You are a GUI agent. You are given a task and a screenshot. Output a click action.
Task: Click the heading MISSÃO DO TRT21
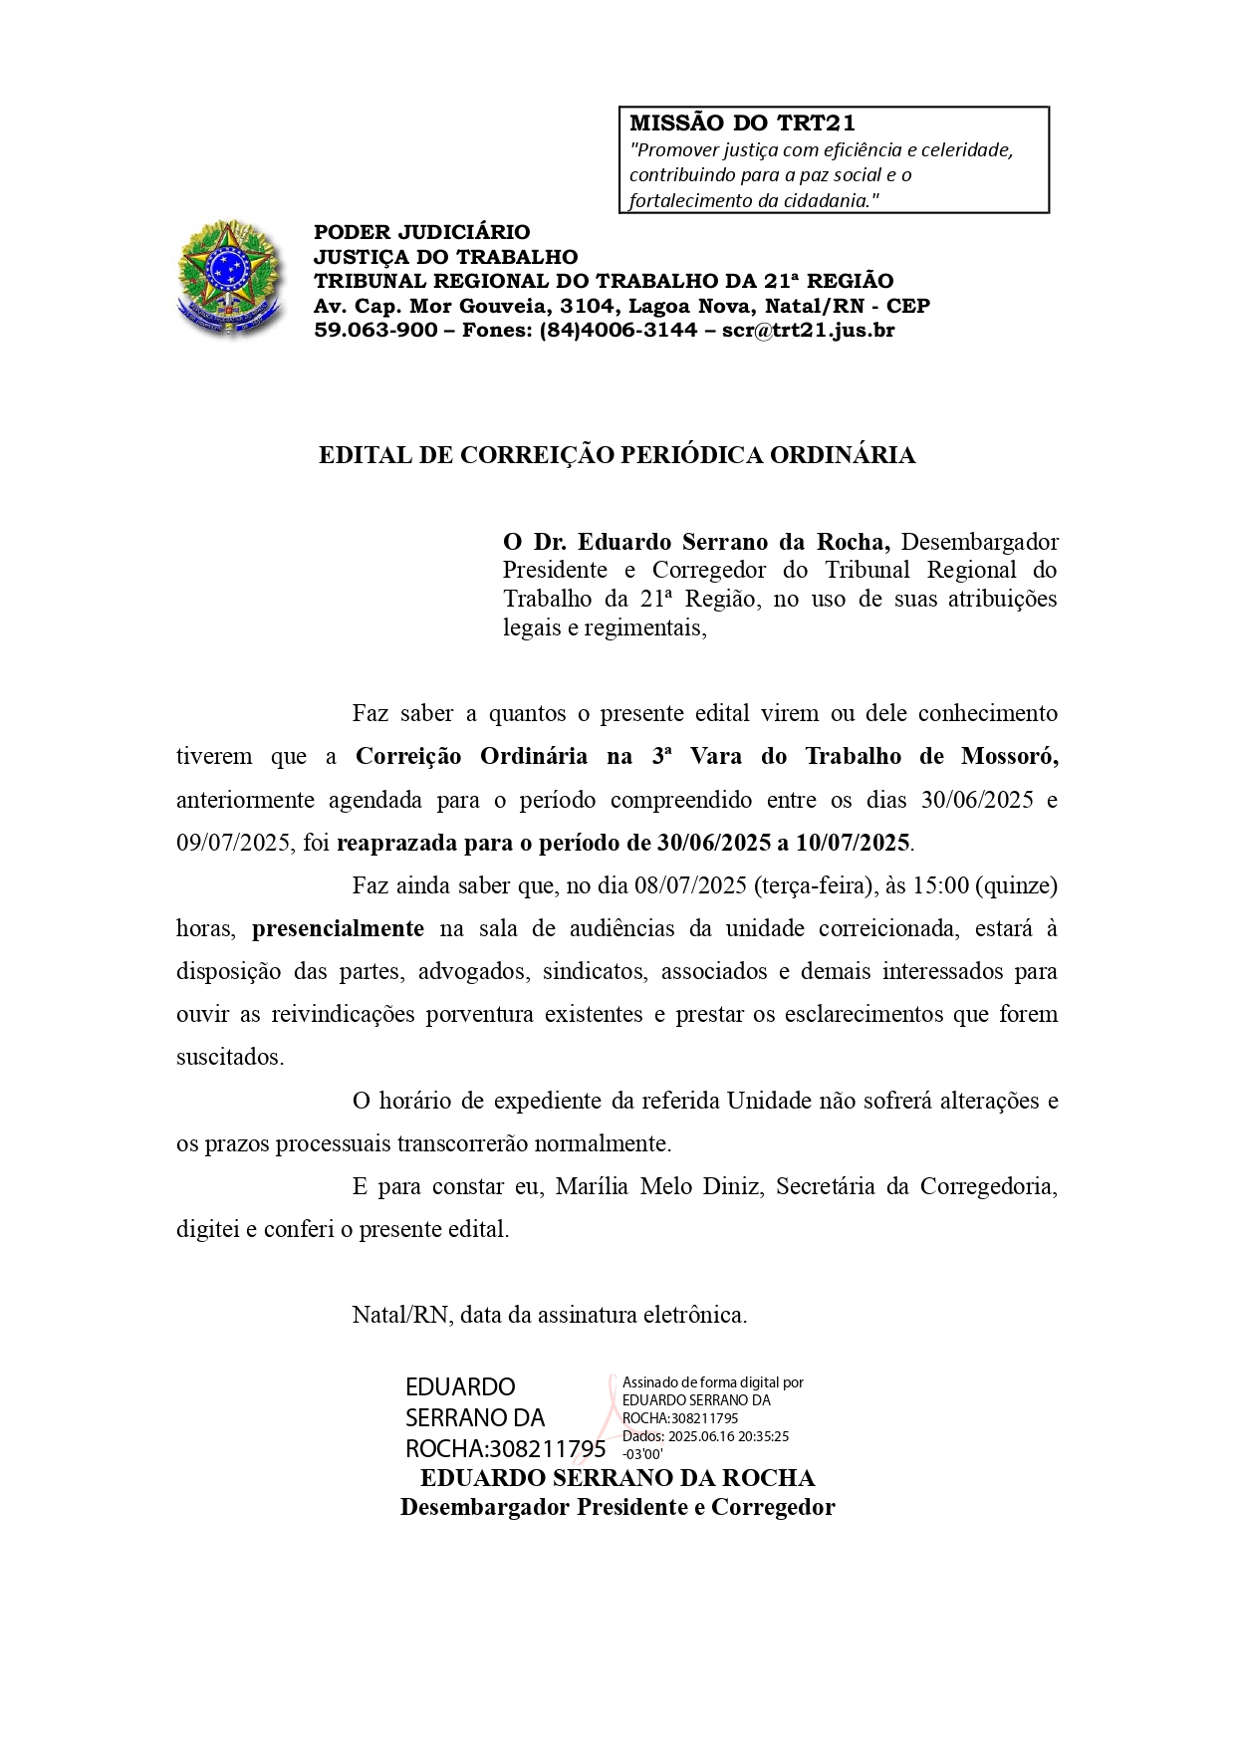click(x=742, y=124)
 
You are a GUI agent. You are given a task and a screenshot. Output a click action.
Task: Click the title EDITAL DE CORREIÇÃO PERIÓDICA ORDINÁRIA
click(x=617, y=455)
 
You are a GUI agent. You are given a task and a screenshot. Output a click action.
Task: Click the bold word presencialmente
click(x=338, y=928)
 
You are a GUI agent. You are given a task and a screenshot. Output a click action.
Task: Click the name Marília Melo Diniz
click(x=659, y=1186)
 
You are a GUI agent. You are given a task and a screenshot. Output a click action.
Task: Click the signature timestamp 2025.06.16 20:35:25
click(x=729, y=1436)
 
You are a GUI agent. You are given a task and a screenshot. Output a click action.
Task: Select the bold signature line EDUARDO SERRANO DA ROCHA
click(x=618, y=1478)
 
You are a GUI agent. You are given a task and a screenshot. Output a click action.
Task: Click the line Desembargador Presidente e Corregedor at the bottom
click(x=618, y=1507)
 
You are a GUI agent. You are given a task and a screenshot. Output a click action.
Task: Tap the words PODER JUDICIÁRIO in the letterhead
click(x=422, y=233)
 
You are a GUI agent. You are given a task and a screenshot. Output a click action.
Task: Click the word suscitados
click(x=230, y=1057)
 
